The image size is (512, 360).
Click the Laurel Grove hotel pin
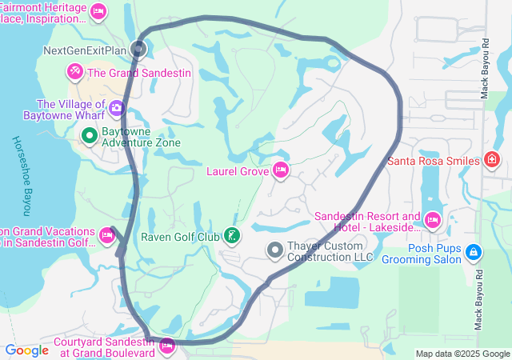280,170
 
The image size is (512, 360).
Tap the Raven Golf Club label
180,236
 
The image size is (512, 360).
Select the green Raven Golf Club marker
231,235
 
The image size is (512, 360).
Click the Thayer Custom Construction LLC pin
275,250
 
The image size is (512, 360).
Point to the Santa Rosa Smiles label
433,161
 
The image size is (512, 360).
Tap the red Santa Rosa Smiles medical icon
492,161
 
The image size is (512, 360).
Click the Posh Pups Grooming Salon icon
474,252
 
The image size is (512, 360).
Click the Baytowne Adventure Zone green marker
89,136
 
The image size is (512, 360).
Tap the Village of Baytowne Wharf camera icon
117,106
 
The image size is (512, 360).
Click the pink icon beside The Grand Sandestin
74,72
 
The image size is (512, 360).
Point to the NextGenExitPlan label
85,50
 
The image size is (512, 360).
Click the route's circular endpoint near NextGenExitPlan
139,50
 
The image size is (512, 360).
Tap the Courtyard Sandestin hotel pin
167,346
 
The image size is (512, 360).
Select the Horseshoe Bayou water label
21,176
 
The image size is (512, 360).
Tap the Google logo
26,350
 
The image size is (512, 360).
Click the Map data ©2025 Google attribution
462,354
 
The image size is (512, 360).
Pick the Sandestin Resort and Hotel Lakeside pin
433,219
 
